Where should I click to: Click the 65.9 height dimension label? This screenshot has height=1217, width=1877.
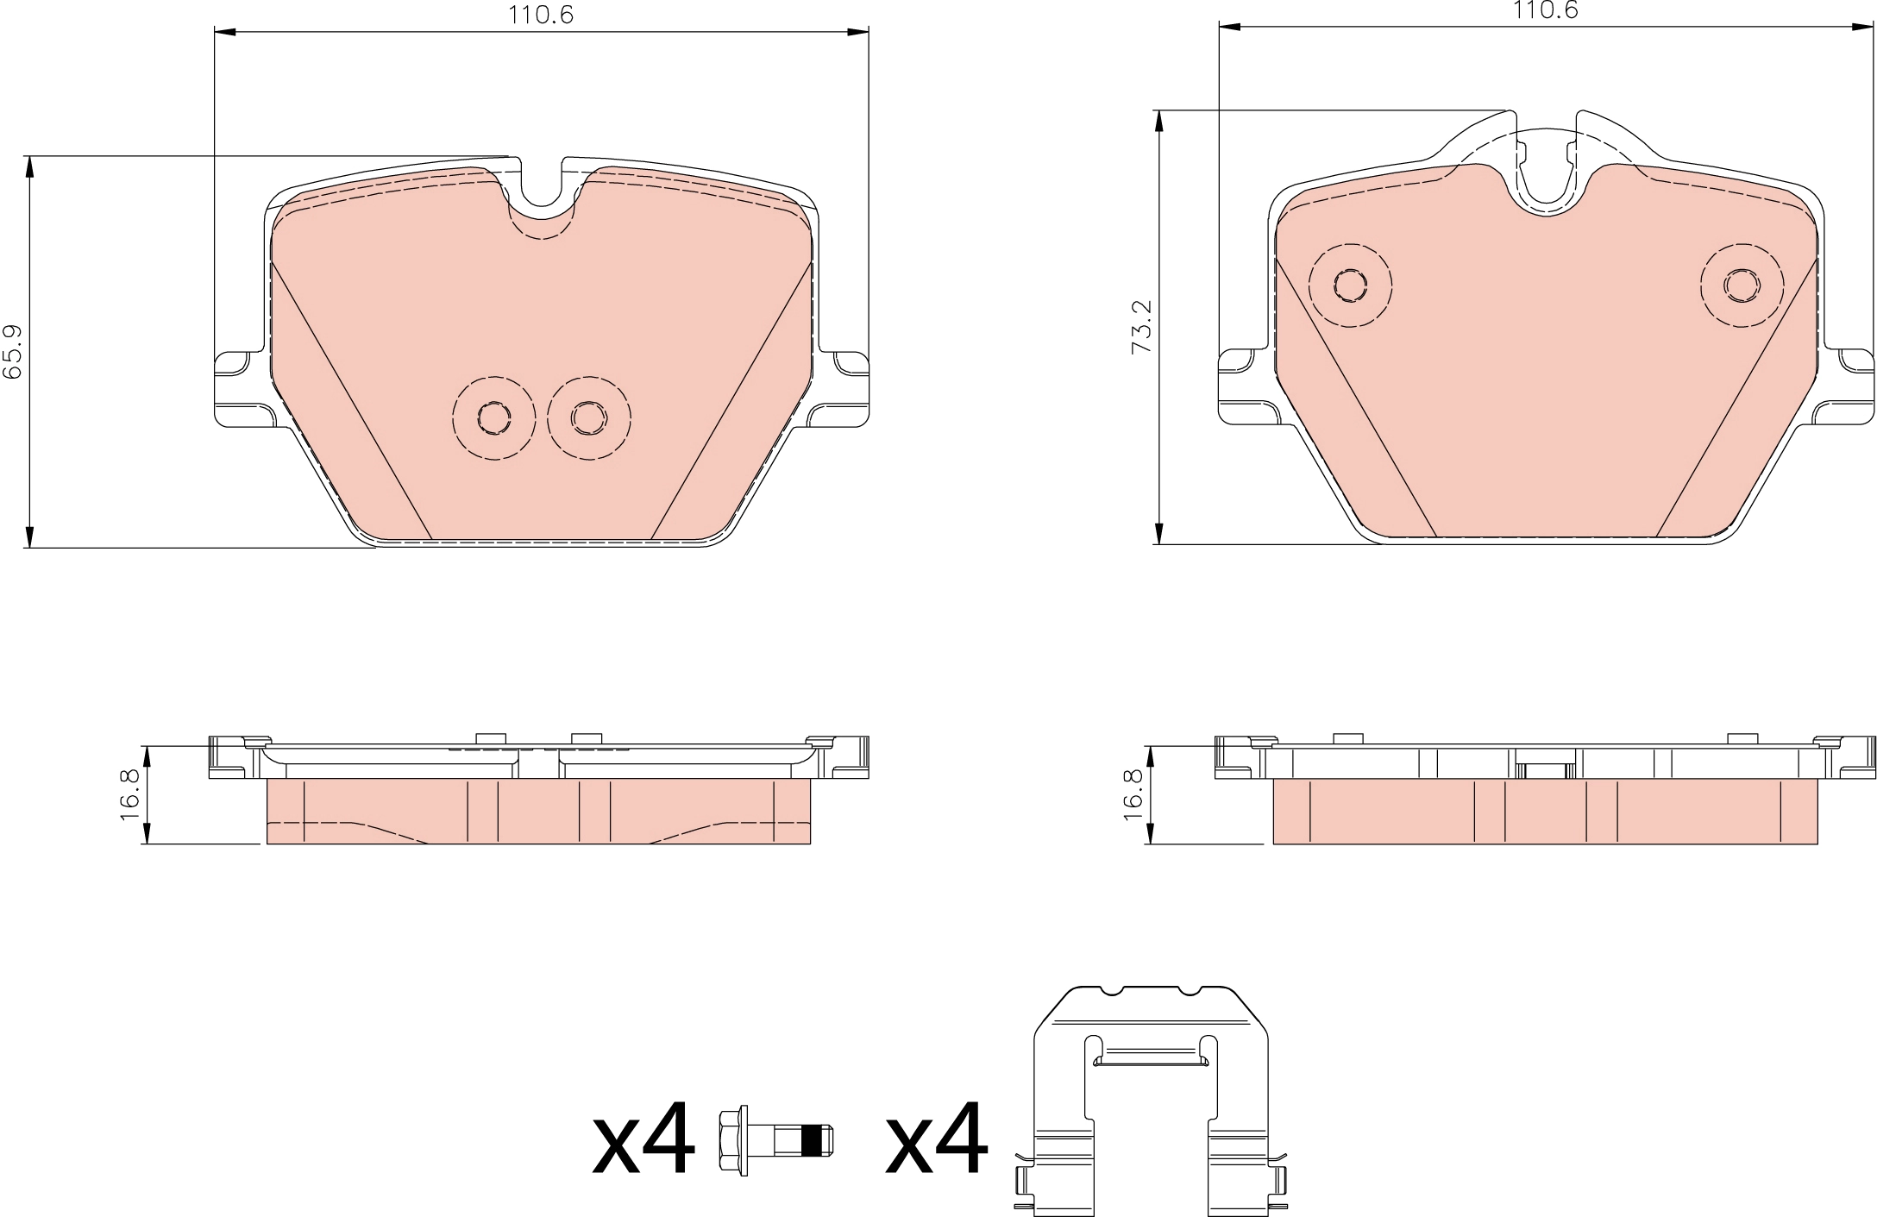(x=13, y=352)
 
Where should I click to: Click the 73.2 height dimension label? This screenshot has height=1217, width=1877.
(x=1143, y=326)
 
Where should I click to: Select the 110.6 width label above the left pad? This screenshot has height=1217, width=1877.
(x=541, y=15)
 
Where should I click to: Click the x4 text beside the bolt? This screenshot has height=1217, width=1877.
(x=643, y=1139)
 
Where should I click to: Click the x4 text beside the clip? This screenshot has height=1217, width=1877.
(x=937, y=1139)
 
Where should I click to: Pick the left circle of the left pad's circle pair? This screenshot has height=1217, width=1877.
(x=493, y=418)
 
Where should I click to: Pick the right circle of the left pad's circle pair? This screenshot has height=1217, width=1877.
(x=588, y=418)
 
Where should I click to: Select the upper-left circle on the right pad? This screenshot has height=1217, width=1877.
(x=1350, y=285)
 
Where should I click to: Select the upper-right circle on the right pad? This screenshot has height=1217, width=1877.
(x=1742, y=285)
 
